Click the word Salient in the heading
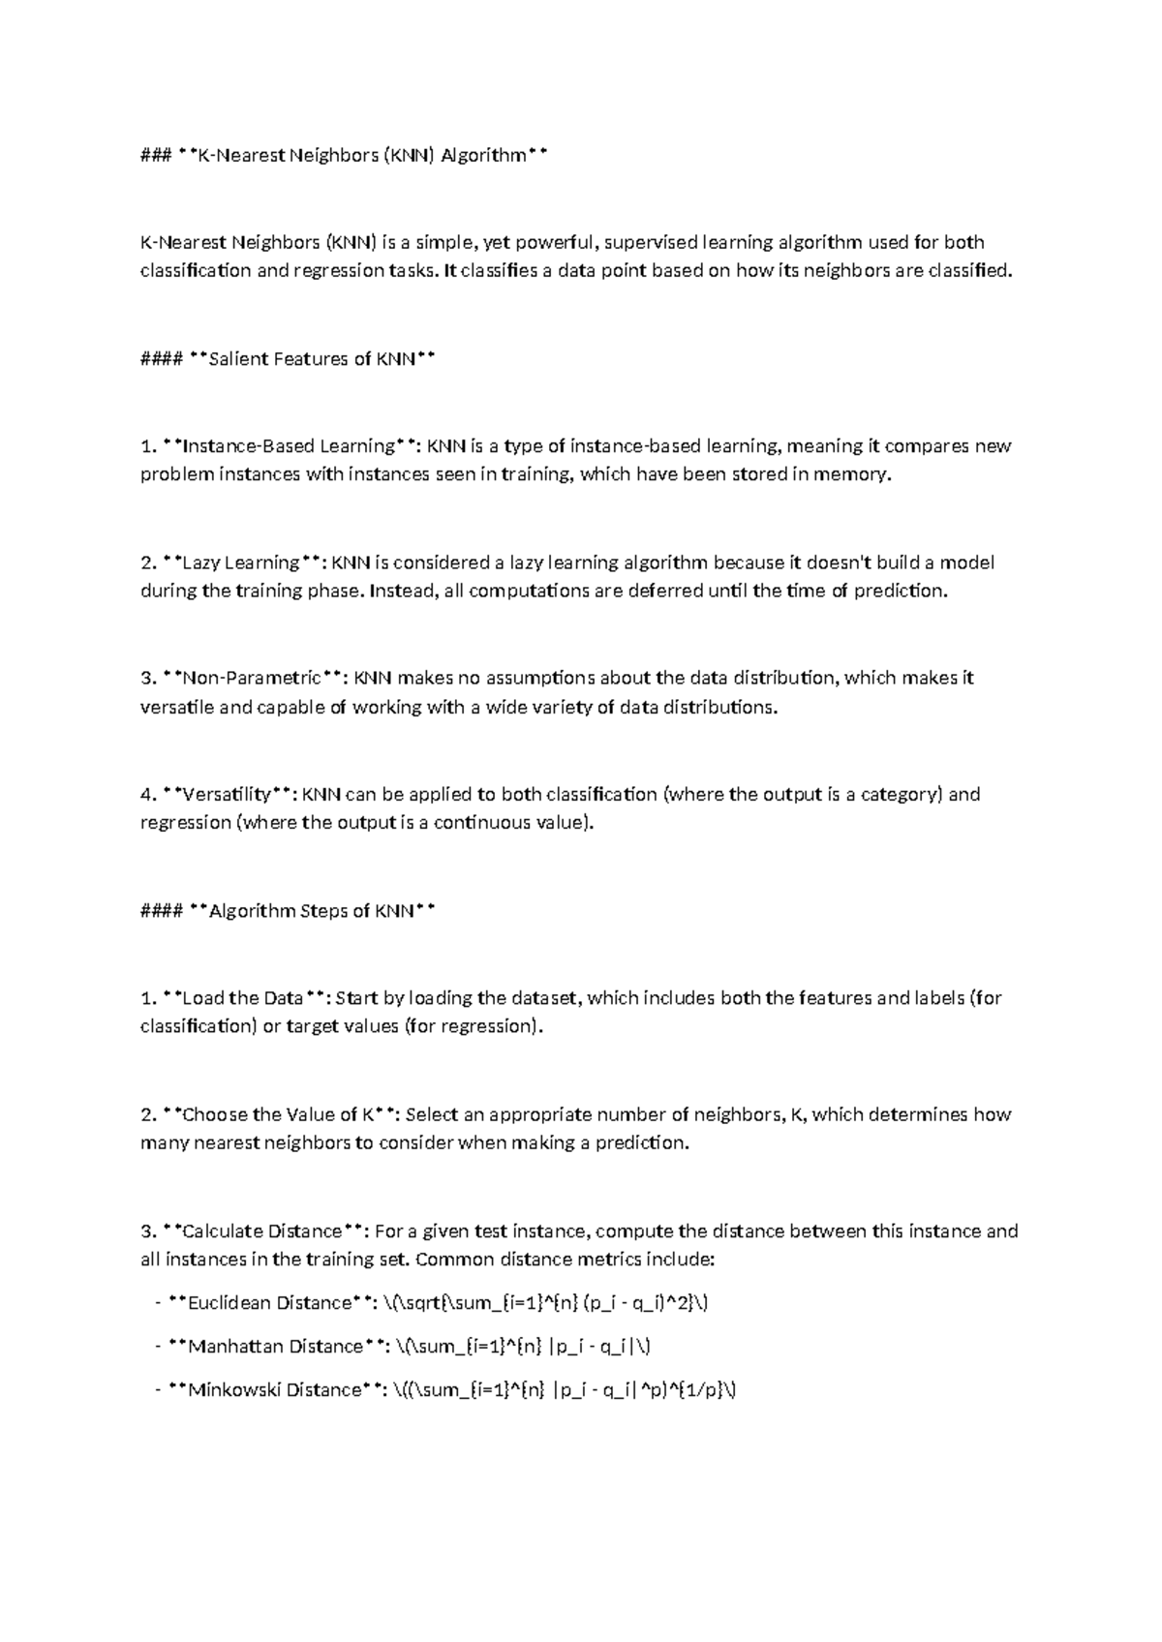tap(238, 359)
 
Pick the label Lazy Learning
tap(241, 563)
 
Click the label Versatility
tap(227, 795)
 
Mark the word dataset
tap(545, 998)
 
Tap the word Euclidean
tap(229, 1303)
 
